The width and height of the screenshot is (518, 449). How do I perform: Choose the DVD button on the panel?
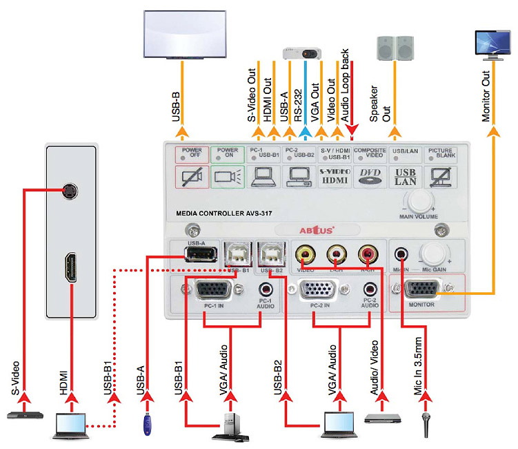372,178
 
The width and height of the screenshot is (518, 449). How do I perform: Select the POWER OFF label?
191,153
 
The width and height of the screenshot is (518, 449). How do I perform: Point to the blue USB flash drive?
147,422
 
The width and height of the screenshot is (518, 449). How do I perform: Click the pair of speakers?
395,47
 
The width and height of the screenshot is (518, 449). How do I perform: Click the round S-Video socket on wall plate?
68,191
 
